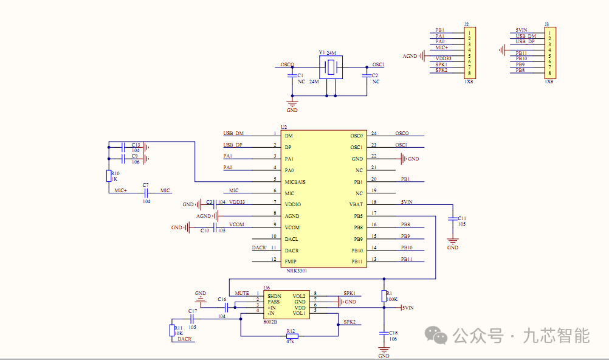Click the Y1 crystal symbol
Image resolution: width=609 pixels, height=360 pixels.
(x=331, y=67)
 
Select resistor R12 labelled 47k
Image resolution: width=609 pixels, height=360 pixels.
(x=292, y=336)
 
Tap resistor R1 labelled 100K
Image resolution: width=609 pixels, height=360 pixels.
(x=384, y=296)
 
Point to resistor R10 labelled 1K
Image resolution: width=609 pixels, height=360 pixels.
(x=109, y=176)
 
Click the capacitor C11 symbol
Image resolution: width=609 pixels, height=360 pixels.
(x=452, y=219)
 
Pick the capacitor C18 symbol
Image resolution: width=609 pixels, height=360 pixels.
(x=384, y=333)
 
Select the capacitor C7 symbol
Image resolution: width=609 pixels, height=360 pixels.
(x=146, y=193)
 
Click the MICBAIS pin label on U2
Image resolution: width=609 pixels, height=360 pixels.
(x=295, y=182)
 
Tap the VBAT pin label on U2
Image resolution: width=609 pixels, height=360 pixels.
(x=356, y=204)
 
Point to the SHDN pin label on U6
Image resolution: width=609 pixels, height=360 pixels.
(x=274, y=296)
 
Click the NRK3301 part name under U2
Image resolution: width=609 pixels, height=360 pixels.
(x=297, y=271)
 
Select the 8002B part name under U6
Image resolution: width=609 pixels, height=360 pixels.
(x=270, y=322)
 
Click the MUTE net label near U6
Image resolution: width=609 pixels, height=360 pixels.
(x=242, y=293)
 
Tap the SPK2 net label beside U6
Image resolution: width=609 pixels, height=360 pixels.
(x=349, y=322)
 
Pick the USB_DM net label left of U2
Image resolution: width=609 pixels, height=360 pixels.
(x=233, y=133)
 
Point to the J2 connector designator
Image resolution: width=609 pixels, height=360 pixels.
(x=466, y=24)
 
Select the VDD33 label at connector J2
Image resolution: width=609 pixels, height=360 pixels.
(x=443, y=59)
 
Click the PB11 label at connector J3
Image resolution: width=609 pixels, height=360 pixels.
(x=521, y=54)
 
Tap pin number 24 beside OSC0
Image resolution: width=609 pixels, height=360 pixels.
(x=374, y=133)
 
